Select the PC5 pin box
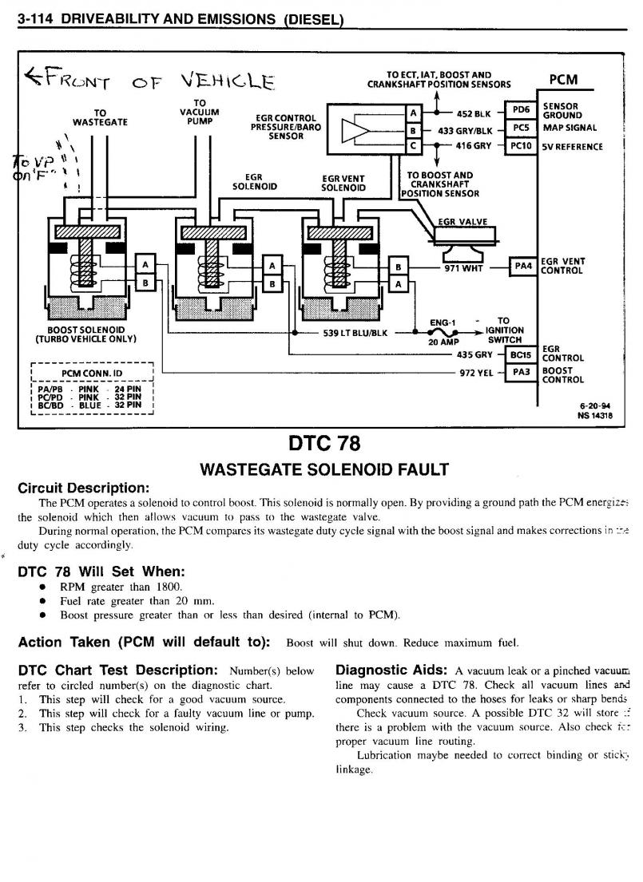pos(521,128)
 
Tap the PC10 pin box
pos(521,146)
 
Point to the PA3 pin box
pos(521,373)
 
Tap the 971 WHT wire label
pos(465,267)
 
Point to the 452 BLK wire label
pos(474,113)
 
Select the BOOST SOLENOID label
pos(86,329)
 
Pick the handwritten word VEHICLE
pos(227,81)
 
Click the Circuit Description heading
pos(83,488)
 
